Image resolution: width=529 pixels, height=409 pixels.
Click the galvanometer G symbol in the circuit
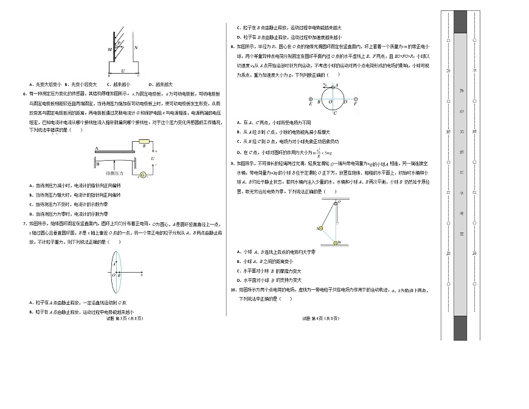pyautogui.click(x=142, y=175)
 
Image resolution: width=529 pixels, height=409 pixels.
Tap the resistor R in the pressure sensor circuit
pyautogui.click(x=143, y=145)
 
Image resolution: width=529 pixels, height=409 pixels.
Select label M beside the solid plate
pyautogui.click(x=110, y=49)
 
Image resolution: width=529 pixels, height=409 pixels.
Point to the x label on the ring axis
pyautogui.click(x=141, y=275)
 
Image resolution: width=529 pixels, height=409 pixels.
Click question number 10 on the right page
pyautogui.click(x=234, y=290)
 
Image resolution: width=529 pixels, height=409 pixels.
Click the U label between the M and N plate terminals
pyautogui.click(x=124, y=70)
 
